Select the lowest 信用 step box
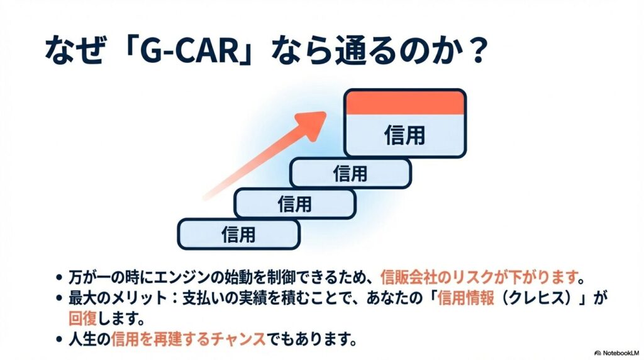tap(239, 234)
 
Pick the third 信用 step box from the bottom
tap(350, 173)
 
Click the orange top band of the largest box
tap(404, 103)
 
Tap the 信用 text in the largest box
tap(404, 135)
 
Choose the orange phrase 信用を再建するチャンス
tap(188, 340)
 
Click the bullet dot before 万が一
tap(58, 277)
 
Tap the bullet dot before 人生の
tap(58, 340)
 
